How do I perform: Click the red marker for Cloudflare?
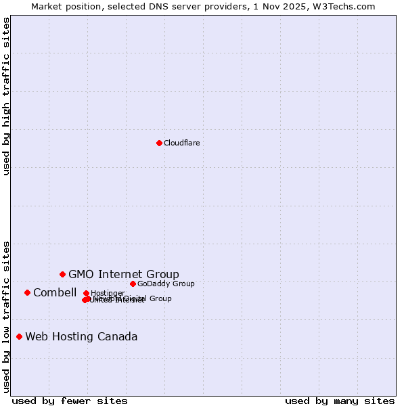[159, 143]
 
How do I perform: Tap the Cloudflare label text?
[181, 143]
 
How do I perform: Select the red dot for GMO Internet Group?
[62, 274]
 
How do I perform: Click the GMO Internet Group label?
[124, 274]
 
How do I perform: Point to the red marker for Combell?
[27, 292]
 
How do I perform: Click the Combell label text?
[55, 292]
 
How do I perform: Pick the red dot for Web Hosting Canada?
[19, 336]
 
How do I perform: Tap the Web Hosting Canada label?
[81, 336]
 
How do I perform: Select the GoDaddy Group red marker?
[133, 284]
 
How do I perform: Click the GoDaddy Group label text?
[166, 284]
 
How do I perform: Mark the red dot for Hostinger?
[86, 293]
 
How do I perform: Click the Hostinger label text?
[108, 293]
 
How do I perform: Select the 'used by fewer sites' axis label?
[70, 401]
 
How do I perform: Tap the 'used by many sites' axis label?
[340, 401]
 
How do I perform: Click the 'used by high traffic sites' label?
[6, 96]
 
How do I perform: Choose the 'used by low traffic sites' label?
[6, 316]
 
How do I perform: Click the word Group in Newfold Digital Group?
[160, 298]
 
